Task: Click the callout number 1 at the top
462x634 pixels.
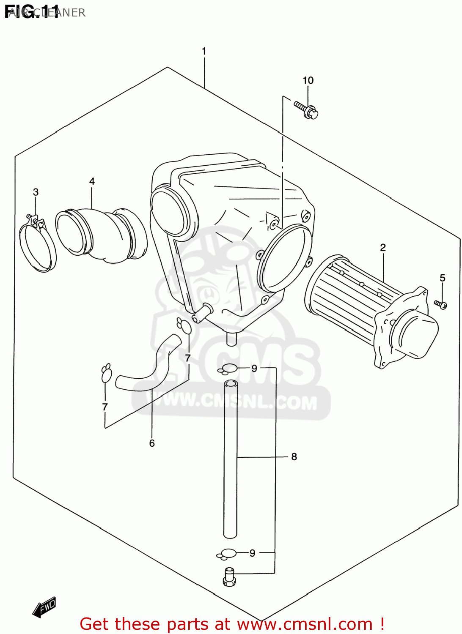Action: click(204, 52)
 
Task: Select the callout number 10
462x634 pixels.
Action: click(308, 80)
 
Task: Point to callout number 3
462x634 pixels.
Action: click(36, 192)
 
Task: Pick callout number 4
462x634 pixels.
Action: click(92, 181)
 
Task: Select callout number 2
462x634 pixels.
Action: click(383, 247)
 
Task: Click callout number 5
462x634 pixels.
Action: click(443, 278)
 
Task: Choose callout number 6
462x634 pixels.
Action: click(152, 443)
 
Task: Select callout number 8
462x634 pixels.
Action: click(294, 456)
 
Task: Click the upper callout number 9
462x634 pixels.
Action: click(254, 368)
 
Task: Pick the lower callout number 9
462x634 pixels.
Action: click(253, 553)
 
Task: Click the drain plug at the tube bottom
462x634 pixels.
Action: click(229, 577)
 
